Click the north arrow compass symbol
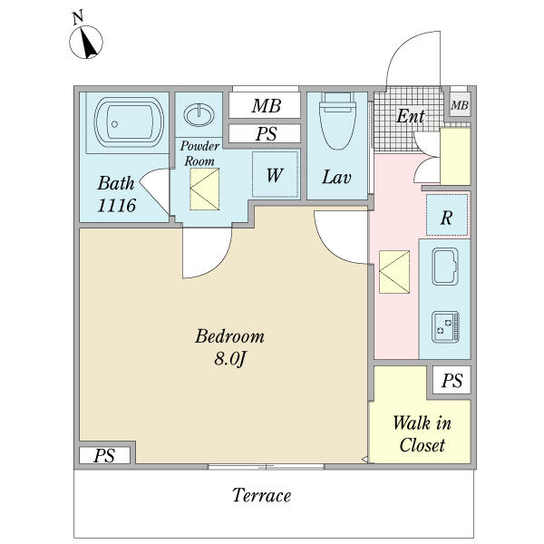point(87,41)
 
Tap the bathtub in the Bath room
point(127,123)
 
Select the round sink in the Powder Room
point(199,116)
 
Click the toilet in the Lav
point(337,124)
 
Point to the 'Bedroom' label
point(229,337)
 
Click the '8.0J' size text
point(229,359)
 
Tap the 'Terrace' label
point(261,496)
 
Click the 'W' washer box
point(274,175)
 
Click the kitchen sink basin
point(446,267)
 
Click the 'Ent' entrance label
point(410,116)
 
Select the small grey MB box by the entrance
point(461,105)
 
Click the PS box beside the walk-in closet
point(451,381)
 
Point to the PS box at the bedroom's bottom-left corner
point(104,456)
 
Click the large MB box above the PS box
point(265,106)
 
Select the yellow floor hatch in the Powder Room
point(204,188)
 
